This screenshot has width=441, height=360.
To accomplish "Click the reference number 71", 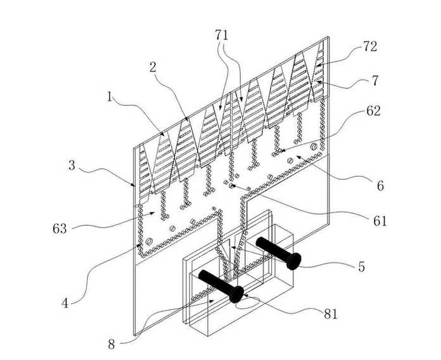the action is tap(222, 35).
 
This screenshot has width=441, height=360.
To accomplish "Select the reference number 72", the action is tap(370, 46).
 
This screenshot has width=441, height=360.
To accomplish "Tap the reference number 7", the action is tap(375, 80).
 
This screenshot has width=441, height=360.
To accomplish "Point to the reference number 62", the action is tap(373, 111).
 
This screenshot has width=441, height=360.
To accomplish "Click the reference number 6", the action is tap(380, 186).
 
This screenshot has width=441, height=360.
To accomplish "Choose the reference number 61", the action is tap(380, 221).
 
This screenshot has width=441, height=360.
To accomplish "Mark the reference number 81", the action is tap(331, 314).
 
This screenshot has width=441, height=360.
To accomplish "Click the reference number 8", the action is tap(112, 344).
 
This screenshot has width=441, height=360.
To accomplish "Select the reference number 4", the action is tap(65, 303).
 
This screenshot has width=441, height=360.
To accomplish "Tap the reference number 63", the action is tap(60, 229).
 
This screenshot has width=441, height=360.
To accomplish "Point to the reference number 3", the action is tap(72, 165).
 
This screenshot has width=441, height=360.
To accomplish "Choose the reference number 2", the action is tap(153, 67).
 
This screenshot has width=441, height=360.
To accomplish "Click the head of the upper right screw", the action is tap(293, 261).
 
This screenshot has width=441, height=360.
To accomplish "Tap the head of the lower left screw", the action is tap(236, 294).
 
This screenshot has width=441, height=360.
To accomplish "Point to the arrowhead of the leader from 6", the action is tap(298, 157).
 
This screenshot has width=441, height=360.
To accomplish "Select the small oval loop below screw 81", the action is tap(247, 304).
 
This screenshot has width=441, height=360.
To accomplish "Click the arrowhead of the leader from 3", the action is tap(134, 185).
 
